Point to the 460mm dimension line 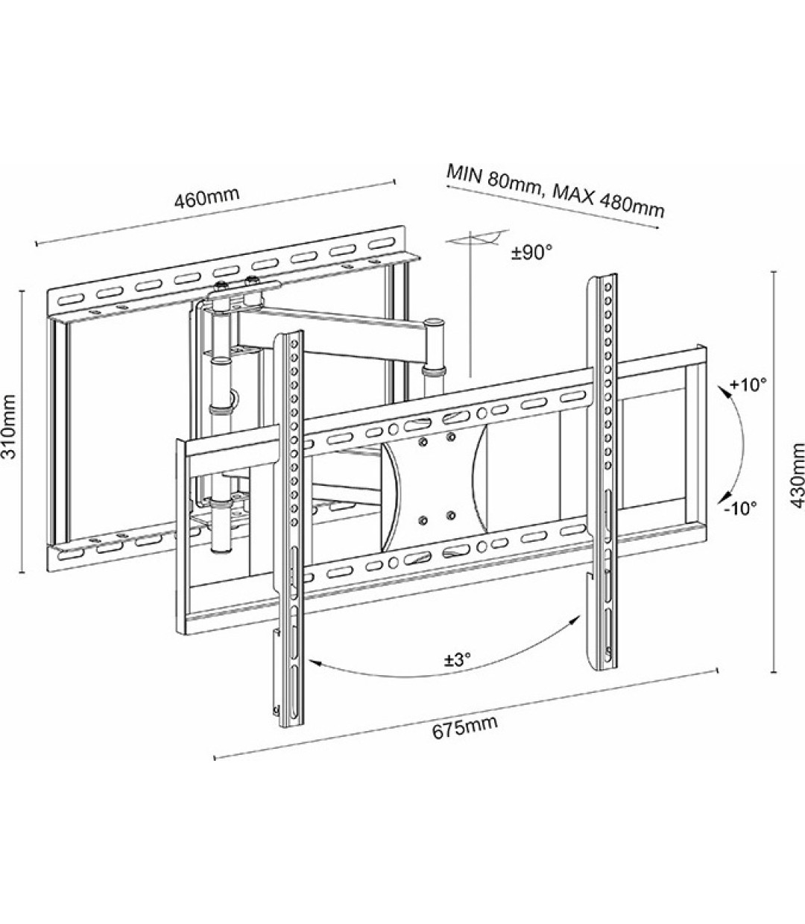pyautogui.click(x=216, y=211)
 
